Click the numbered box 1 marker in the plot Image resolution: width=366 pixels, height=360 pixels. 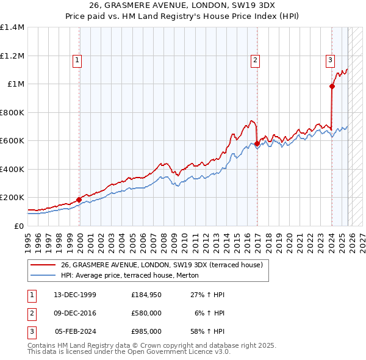78,60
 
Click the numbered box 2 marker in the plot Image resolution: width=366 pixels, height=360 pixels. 254,60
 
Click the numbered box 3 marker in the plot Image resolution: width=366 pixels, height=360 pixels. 329,60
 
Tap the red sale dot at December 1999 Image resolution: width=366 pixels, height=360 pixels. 79,200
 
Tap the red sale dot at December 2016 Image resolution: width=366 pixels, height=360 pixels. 257,144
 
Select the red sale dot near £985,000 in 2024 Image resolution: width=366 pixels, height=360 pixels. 332,87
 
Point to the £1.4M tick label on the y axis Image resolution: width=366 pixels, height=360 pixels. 12,27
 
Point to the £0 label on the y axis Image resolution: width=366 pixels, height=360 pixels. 20,226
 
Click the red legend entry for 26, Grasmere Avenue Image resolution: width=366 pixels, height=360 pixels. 161,265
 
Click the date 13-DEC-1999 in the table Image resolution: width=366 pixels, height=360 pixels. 75,295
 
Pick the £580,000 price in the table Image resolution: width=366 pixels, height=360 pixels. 146,313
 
